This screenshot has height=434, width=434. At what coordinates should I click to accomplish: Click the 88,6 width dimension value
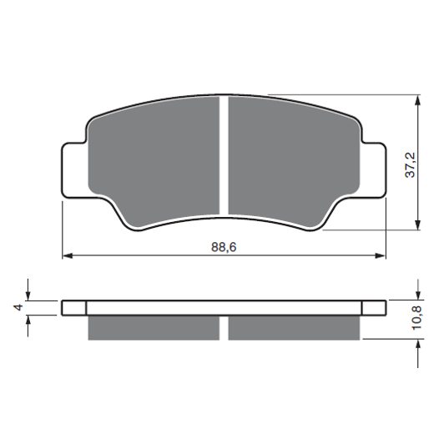pos(224,247)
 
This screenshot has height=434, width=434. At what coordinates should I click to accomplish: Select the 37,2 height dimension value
pos(410,164)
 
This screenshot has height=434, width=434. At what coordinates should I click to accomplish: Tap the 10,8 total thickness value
pos(416,318)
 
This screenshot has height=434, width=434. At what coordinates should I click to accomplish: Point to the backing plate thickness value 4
pos(18,307)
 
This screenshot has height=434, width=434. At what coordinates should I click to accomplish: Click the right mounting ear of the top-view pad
pos(373,170)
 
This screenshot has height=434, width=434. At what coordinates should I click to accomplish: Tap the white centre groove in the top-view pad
pos(224,156)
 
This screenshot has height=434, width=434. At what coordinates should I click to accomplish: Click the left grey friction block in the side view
pos(154,328)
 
